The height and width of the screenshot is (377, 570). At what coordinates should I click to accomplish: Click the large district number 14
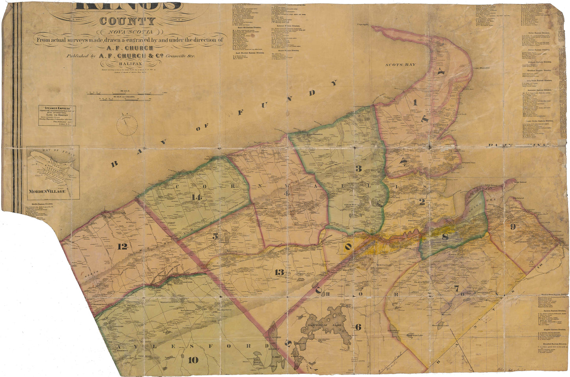coord(194,197)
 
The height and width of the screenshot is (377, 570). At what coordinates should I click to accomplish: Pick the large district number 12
coord(122,246)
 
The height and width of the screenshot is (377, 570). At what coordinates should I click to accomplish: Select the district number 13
coord(279,272)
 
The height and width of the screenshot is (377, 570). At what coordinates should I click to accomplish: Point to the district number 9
coord(512,226)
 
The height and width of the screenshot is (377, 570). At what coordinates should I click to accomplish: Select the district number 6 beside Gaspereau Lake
coord(358,327)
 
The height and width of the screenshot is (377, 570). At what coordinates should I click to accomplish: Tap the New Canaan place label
coord(383,265)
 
